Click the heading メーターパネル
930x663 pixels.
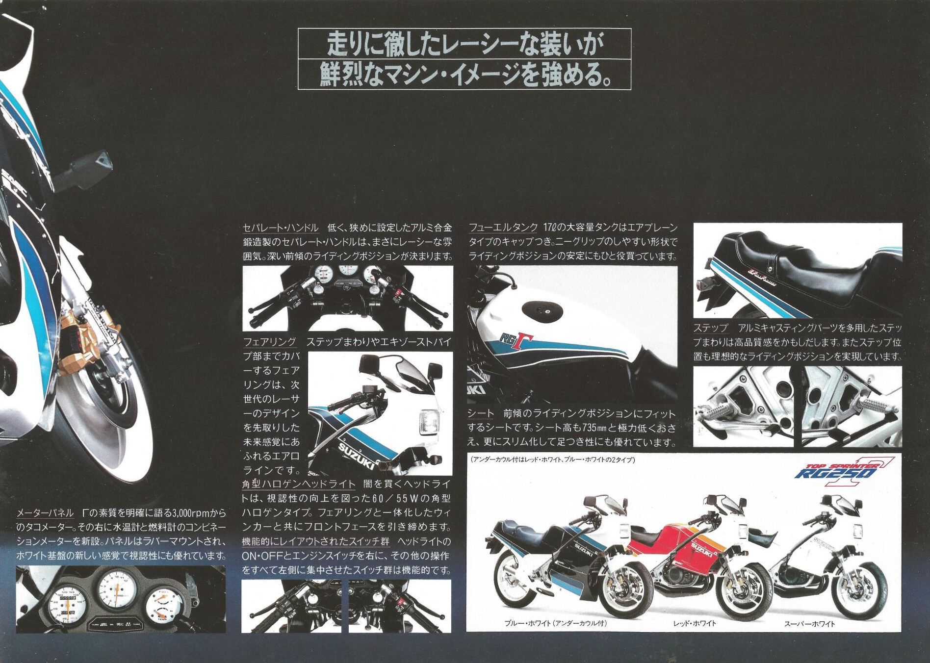[45, 513]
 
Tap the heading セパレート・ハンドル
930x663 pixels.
[281, 228]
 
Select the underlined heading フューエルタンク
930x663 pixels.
[503, 228]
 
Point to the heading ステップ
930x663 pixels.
[711, 328]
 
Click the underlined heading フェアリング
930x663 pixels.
[269, 342]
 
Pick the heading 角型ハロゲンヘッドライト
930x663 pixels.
[299, 484]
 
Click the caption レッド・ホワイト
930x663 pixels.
[695, 623]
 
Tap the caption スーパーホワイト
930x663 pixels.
[809, 624]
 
